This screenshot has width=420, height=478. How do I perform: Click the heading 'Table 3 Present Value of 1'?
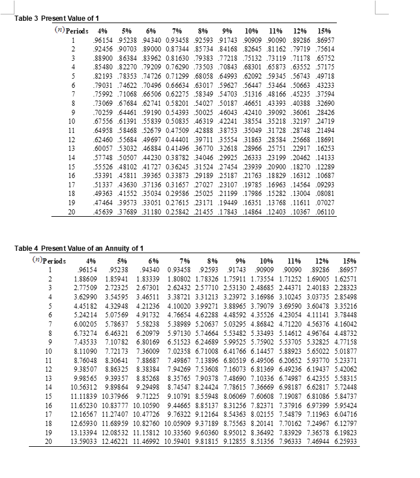[x=53, y=18]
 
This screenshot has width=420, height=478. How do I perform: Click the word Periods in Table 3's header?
[x=77, y=31]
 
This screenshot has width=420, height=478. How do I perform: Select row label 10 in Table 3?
[x=72, y=123]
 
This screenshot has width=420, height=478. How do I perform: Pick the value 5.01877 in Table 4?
[x=345, y=351]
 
